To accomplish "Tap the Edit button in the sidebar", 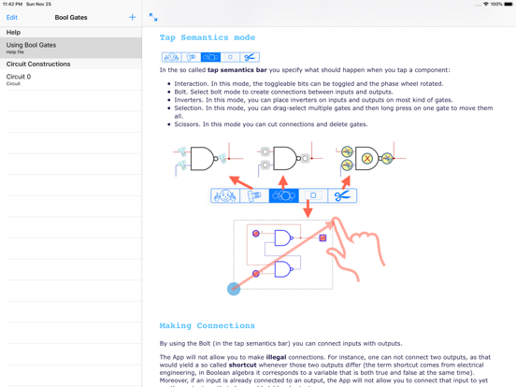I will click(12, 17).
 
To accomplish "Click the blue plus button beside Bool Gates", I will click(132, 17).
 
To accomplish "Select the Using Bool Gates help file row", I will click(71, 48).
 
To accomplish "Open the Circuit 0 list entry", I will click(71, 79).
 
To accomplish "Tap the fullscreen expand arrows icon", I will click(153, 17).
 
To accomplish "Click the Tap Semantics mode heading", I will click(207, 37).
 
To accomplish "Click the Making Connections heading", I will click(207, 325).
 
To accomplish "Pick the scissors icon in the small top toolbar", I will click(250, 57).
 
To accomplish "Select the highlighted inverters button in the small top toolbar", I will click(210, 57).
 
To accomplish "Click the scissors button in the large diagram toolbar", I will click(342, 195).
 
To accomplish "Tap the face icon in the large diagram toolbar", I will click(224, 195).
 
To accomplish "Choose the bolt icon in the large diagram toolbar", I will click(254, 195).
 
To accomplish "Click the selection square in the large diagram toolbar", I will click(313, 195).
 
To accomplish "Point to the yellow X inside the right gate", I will click(366, 159).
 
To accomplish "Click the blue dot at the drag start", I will click(234, 289).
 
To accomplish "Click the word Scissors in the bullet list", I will click(184, 123).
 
